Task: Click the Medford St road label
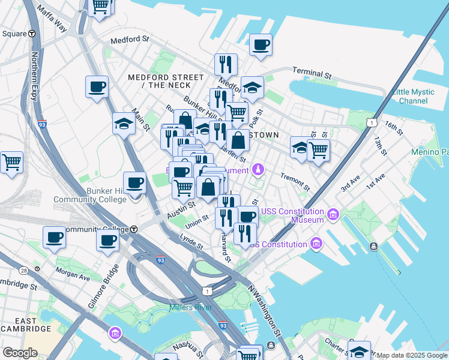[x=130, y=40]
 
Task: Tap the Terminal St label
[x=312, y=73]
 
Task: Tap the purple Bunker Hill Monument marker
[x=259, y=170]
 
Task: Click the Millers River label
[x=190, y=308]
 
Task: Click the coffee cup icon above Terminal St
[x=261, y=45]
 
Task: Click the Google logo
[x=20, y=353]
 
